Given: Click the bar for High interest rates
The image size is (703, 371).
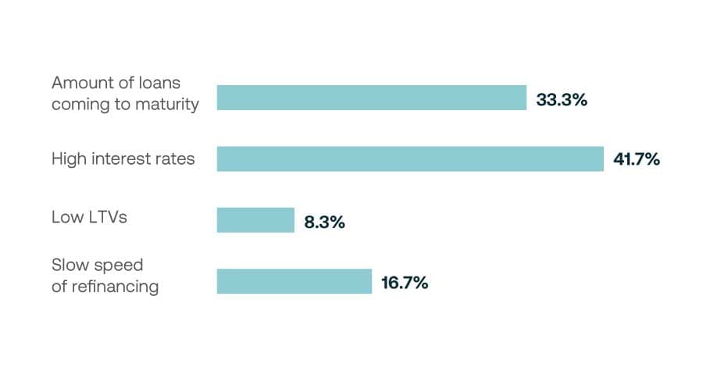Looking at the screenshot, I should coord(410,159).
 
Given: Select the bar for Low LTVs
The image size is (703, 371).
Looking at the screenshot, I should coord(255,220).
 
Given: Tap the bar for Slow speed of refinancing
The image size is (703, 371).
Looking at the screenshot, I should coord(294,281).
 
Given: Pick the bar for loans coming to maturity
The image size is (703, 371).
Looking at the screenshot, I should coord(371,98).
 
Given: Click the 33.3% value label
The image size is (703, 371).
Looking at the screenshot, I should coord(561,100).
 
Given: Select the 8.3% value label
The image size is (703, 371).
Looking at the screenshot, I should coord(324,222).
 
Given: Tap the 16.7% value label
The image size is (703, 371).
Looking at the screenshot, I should coord(404,283).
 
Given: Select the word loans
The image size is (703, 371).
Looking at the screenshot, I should coord(157,83).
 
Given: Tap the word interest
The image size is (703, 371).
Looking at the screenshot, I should coord(118,159).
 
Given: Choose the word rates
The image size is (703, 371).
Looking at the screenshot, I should coord(173,159).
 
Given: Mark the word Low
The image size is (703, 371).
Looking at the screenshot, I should coord(66,217).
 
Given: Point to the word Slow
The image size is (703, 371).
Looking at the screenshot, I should coord(68,265).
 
